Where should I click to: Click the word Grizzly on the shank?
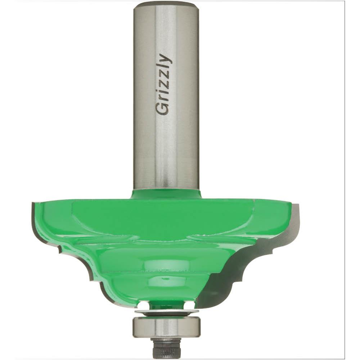163,84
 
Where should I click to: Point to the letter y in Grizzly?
165,58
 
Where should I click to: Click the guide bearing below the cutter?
167,327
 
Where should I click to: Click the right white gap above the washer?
189,305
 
